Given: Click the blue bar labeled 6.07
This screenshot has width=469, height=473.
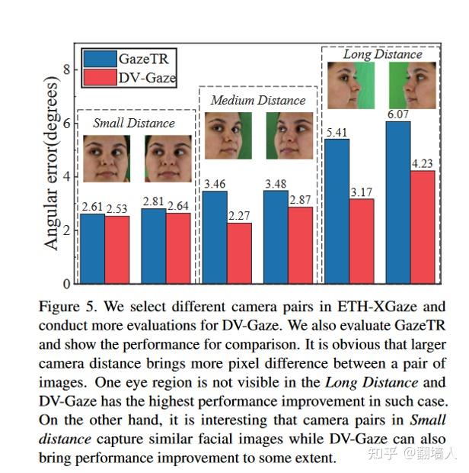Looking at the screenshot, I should point(398,202).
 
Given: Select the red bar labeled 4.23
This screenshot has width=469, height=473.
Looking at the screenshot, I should point(423,227).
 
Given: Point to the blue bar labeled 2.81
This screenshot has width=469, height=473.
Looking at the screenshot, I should point(154,246).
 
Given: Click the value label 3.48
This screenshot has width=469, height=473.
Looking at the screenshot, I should point(276,184).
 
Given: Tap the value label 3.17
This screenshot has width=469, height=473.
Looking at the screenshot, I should point(362,191).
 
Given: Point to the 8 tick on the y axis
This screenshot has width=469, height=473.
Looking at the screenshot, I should point(66,69).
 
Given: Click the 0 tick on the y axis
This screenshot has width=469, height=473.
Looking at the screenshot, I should point(66,284).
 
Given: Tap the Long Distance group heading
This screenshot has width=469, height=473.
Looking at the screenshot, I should point(381,54).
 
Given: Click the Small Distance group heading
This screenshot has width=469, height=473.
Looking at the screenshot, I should point(133,123).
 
